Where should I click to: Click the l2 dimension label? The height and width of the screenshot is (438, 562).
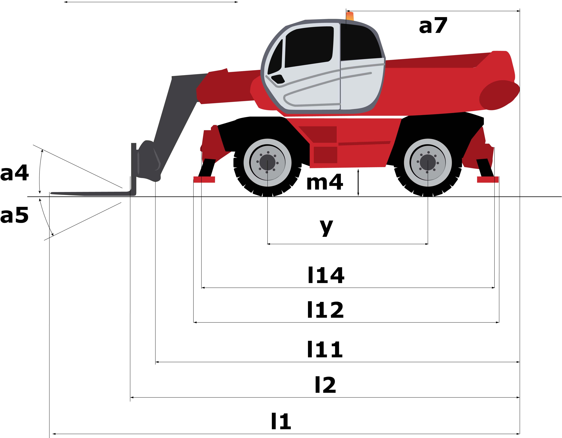click(326, 385)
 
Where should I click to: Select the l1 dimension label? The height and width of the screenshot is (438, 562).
click(281, 422)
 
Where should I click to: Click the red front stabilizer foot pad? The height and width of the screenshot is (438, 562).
click(204, 180)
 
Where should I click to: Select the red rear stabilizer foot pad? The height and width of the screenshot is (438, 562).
click(488, 180)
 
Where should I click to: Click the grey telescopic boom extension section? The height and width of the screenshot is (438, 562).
click(178, 113)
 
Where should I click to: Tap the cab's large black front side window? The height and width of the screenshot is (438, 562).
click(309, 46)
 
